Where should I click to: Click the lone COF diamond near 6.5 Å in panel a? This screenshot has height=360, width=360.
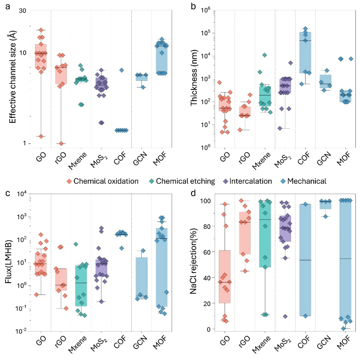tap(121, 70)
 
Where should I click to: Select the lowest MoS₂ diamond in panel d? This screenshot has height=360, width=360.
tap(285, 316)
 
